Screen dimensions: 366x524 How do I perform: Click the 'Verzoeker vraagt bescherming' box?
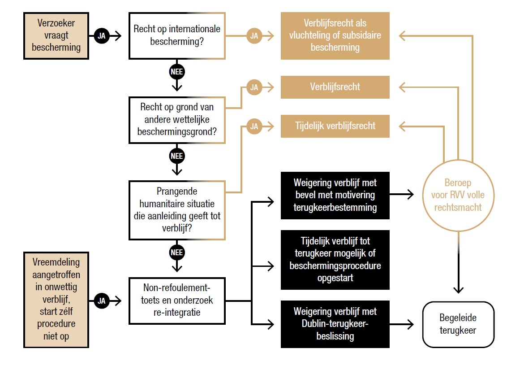(x=56, y=35)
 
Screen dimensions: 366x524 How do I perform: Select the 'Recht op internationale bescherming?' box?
(x=177, y=35)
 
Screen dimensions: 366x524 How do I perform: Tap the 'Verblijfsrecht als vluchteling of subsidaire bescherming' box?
(x=335, y=35)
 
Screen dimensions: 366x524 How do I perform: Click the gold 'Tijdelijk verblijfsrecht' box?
(x=335, y=126)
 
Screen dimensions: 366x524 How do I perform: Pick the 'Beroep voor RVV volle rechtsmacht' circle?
(x=458, y=196)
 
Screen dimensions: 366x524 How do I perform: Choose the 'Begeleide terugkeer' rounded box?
(x=458, y=324)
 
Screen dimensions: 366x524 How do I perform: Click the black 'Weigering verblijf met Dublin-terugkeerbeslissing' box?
(x=335, y=324)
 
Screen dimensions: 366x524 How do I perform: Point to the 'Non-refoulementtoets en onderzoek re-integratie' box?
(x=177, y=301)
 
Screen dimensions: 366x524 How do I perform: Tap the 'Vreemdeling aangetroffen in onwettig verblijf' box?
(x=56, y=299)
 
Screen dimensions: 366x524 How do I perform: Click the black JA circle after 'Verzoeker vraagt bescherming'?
(x=102, y=36)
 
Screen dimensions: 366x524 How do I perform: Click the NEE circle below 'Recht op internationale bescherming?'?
(x=177, y=72)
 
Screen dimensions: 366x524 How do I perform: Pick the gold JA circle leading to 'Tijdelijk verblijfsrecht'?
(x=254, y=126)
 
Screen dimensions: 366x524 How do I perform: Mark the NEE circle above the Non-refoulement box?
(x=177, y=253)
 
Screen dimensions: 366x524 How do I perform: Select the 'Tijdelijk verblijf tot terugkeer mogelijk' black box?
(x=335, y=260)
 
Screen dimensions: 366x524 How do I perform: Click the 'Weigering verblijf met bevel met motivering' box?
(x=335, y=196)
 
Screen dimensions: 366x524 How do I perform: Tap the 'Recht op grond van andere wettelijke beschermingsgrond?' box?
(x=177, y=120)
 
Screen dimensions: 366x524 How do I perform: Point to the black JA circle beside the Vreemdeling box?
(x=102, y=301)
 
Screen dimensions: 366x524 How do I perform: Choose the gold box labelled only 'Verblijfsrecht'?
(x=335, y=87)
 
